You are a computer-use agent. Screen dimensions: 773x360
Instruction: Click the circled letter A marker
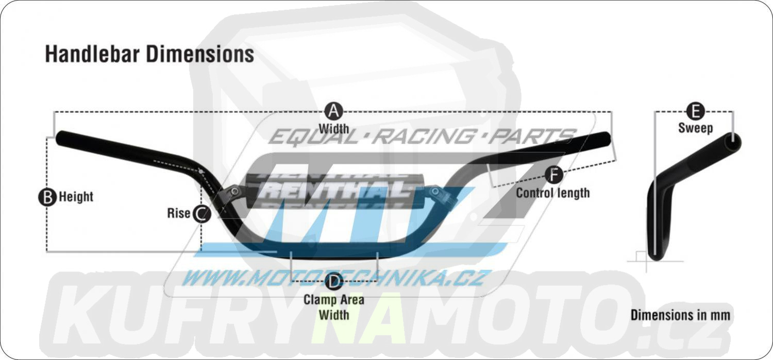tap(334, 111)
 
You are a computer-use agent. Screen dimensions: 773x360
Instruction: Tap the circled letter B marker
tap(47, 197)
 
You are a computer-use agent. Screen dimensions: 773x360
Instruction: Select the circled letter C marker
tap(201, 213)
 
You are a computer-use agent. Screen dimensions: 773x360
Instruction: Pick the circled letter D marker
tap(333, 281)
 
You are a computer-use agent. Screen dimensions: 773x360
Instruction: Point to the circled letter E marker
tap(695, 111)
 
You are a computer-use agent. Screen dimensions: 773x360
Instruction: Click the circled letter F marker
tap(554, 175)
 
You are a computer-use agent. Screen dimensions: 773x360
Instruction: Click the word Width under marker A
tap(334, 129)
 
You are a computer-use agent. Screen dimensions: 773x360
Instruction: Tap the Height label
tap(76, 197)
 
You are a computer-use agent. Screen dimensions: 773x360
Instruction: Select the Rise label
tap(179, 213)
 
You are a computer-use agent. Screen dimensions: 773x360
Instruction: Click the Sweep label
tap(695, 128)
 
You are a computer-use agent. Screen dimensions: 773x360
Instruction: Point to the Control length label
tap(553, 193)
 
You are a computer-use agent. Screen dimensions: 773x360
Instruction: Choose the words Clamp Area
tap(334, 300)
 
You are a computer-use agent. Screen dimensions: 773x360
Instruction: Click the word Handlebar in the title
tap(92, 54)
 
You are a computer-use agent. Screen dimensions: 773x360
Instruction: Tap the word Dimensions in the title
tap(200, 54)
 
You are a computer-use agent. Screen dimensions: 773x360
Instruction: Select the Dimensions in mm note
tap(680, 315)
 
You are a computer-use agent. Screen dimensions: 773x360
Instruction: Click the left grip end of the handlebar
tap(61, 138)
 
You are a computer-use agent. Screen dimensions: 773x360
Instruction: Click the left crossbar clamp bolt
tap(234, 191)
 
